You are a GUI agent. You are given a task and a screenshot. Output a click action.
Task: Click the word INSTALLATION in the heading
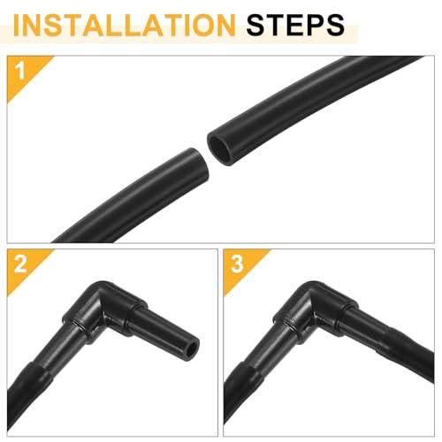(124, 25)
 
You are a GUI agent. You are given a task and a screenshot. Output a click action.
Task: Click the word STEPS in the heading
(295, 25)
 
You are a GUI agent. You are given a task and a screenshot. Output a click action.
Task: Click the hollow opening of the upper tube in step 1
(220, 149)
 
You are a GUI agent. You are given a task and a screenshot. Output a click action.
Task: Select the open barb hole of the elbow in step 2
(192, 349)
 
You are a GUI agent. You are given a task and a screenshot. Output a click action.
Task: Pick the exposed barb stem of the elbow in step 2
(165, 333)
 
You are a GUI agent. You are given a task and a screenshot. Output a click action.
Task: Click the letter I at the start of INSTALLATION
(17, 25)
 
